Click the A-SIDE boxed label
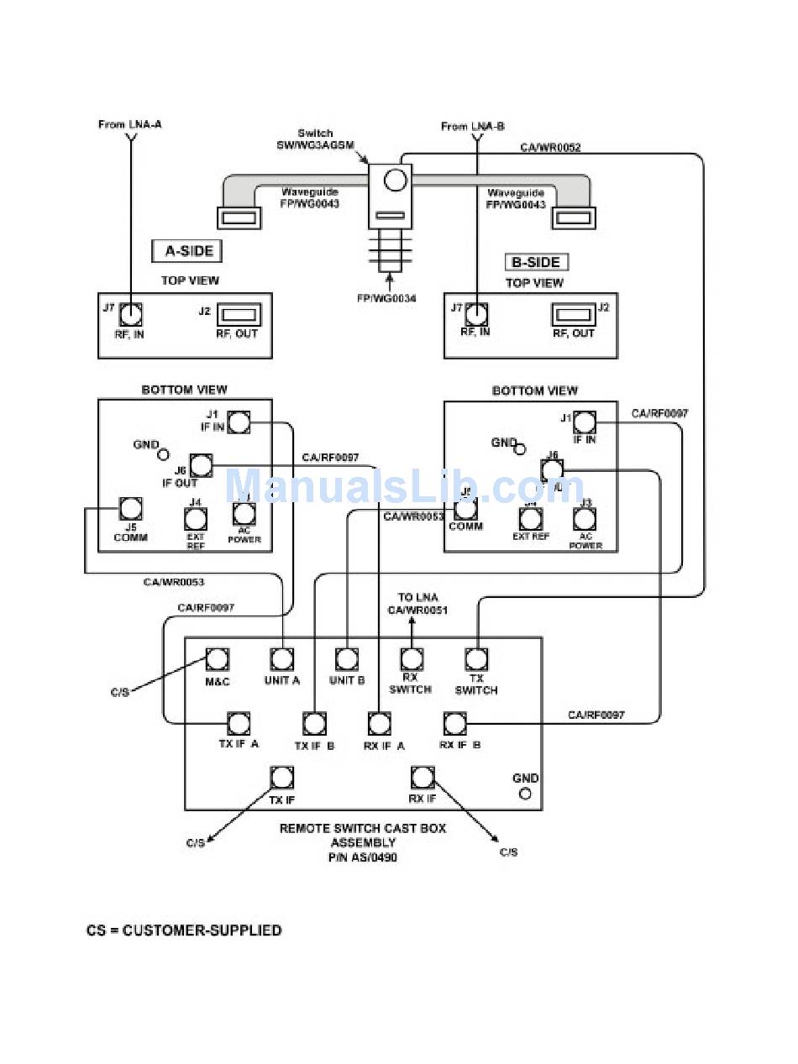(186, 250)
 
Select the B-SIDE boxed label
(536, 262)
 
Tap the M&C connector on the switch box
(218, 659)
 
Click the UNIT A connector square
(281, 659)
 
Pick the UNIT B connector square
(347, 659)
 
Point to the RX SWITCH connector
(411, 659)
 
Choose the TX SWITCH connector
(476, 659)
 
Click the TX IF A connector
(239, 723)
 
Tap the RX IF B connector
(454, 723)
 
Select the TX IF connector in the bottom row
(281, 777)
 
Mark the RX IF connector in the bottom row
(423, 777)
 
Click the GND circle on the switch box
(526, 794)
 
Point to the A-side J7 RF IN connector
(130, 315)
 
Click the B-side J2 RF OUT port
(573, 316)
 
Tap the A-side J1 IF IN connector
(239, 422)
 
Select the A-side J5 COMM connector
(130, 508)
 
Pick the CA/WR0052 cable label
(550, 148)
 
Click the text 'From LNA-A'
(129, 124)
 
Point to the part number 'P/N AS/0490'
(363, 857)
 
